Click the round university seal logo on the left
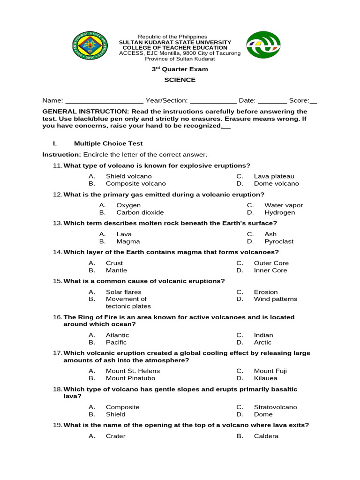pyautogui.click(x=90, y=46)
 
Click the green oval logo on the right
pyautogui.click(x=263, y=45)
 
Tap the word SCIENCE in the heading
pyautogui.click(x=180, y=80)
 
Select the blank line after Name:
pyautogui.click(x=104, y=101)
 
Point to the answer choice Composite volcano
pyautogui.click(x=135, y=184)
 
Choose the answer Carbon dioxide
pyautogui.click(x=140, y=212)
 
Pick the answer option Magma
pyautogui.click(x=128, y=241)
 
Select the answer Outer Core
pyautogui.click(x=271, y=263)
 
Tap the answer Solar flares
pyautogui.click(x=123, y=292)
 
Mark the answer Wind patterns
pyautogui.click(x=275, y=299)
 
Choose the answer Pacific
pyautogui.click(x=116, y=342)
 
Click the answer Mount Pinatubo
pyautogui.click(x=130, y=378)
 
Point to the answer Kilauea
pyautogui.click(x=265, y=378)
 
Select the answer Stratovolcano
pyautogui.click(x=275, y=407)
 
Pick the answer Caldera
pyautogui.click(x=266, y=436)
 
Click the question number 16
pyautogui.click(x=58, y=317)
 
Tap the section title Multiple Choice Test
pyautogui.click(x=108, y=143)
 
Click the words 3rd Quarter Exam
pyautogui.click(x=180, y=69)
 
